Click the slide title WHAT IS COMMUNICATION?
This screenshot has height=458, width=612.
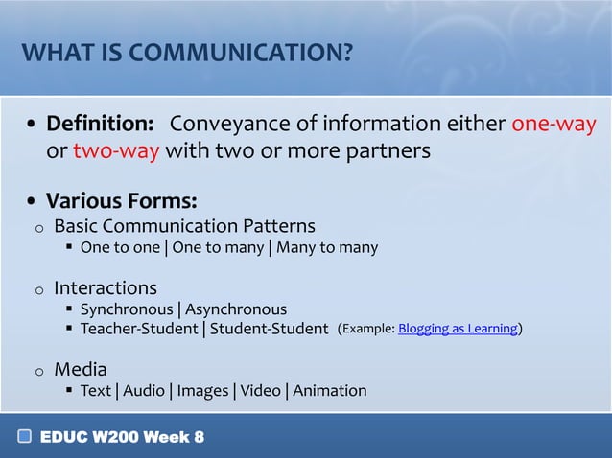(x=187, y=52)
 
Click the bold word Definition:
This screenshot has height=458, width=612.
(x=101, y=125)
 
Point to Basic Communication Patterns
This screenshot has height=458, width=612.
(x=184, y=226)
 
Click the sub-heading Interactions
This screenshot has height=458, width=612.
(x=105, y=287)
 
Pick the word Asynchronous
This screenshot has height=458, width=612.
(x=235, y=309)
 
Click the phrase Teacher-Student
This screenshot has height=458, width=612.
(x=139, y=330)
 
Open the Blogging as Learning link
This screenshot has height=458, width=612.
(x=458, y=330)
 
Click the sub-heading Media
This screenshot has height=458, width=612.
(x=81, y=369)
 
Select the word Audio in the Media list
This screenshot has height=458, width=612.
(x=144, y=391)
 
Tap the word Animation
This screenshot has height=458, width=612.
(x=329, y=391)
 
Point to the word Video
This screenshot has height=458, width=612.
(x=260, y=391)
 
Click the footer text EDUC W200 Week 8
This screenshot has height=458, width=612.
(x=122, y=438)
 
